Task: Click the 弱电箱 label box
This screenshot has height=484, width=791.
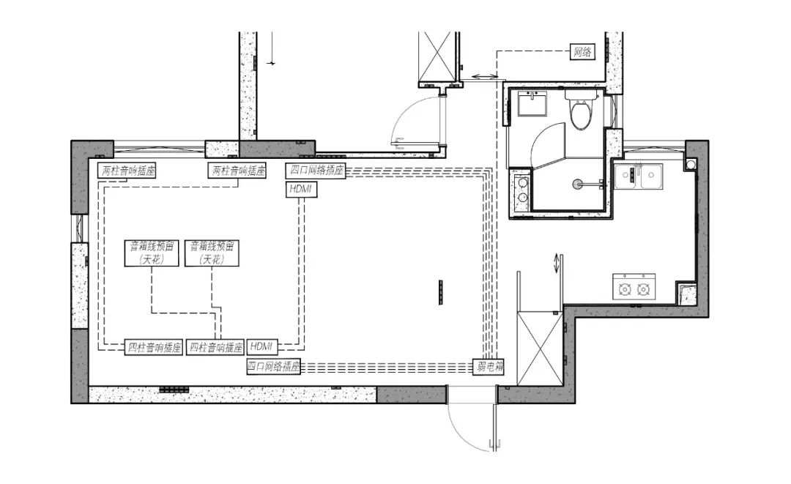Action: (489, 367)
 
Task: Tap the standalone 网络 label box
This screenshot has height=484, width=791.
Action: (582, 51)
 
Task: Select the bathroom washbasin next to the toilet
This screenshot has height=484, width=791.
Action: (532, 105)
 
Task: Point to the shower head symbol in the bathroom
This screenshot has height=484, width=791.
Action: (576, 185)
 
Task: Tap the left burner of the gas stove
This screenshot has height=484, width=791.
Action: (625, 289)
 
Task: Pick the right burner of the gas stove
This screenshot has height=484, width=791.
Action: (643, 289)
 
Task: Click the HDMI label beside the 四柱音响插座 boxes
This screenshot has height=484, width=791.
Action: (261, 346)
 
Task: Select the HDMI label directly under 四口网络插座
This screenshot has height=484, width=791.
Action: (301, 190)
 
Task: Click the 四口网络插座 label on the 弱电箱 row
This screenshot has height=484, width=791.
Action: (273, 367)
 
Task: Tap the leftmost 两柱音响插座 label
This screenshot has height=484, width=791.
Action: (127, 171)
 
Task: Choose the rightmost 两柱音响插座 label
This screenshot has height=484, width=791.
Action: (237, 171)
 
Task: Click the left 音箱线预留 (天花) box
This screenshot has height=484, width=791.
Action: (152, 253)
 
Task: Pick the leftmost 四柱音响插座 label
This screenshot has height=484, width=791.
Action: (153, 347)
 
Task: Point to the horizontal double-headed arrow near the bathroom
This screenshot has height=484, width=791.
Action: (484, 77)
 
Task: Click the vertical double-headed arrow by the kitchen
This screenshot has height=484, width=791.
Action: (557, 263)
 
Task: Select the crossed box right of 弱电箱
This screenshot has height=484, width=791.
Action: (539, 349)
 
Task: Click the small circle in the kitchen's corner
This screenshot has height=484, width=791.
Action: (690, 164)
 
